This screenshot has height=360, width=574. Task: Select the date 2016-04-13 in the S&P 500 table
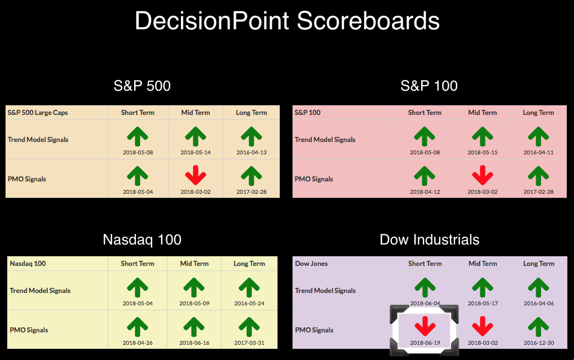pyautogui.click(x=251, y=152)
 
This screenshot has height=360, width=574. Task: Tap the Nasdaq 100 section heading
pyautogui.click(x=142, y=239)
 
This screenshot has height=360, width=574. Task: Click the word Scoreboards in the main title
pyautogui.click(x=368, y=21)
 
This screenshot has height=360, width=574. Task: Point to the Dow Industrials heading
pyautogui.click(x=430, y=239)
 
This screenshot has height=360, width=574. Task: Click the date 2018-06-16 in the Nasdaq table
pyautogui.click(x=195, y=343)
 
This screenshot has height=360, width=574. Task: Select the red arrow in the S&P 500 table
pyautogui.click(x=196, y=175)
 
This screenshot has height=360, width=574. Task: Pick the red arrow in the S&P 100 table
pyautogui.click(x=483, y=175)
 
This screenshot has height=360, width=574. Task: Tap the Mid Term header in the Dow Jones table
pyautogui.click(x=483, y=264)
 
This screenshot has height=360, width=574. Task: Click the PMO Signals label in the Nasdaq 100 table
pyautogui.click(x=29, y=330)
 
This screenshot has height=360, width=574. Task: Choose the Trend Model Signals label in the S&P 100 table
pyautogui.click(x=325, y=139)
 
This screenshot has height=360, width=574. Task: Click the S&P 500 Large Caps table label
pyautogui.click(x=38, y=113)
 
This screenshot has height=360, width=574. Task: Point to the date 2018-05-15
pyautogui.click(x=483, y=152)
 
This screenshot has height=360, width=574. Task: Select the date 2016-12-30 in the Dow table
pyautogui.click(x=539, y=343)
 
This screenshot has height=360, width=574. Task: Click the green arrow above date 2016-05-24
pyautogui.click(x=249, y=287)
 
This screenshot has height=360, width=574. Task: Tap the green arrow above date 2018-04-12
pyautogui.click(x=425, y=176)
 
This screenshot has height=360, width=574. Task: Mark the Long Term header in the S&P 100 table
pyautogui.click(x=538, y=113)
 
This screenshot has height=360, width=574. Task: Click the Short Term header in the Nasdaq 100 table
pyautogui.click(x=138, y=264)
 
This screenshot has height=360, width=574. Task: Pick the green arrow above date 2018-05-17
pyautogui.click(x=483, y=287)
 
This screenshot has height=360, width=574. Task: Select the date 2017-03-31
pyautogui.click(x=249, y=343)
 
